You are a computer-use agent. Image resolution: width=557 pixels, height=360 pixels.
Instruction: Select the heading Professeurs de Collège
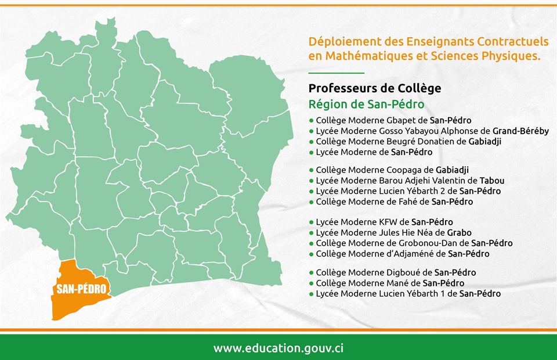click(375, 88)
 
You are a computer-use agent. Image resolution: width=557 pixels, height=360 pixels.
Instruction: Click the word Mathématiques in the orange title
click(370, 56)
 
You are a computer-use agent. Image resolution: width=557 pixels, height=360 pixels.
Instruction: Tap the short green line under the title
click(336, 73)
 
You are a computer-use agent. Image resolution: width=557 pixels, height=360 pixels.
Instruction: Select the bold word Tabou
click(491, 181)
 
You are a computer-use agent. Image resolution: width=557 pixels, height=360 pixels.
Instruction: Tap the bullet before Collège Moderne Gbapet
click(312, 121)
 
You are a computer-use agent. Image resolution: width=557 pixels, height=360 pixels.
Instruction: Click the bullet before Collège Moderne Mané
click(312, 283)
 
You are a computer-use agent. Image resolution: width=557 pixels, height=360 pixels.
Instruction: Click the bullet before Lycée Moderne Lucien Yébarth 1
click(312, 294)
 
